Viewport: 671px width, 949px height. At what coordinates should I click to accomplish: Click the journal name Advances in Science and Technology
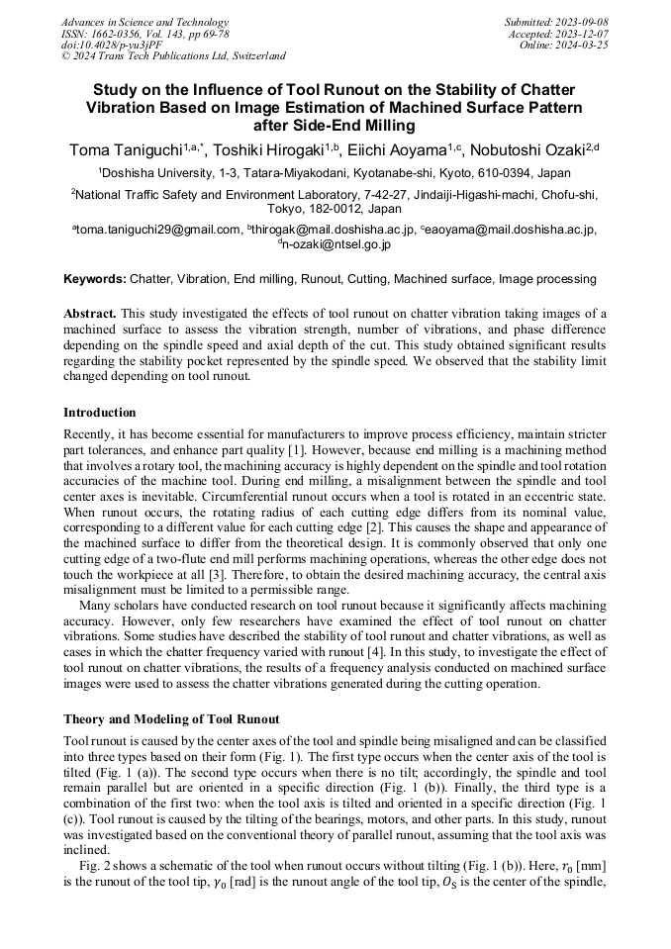point(144,22)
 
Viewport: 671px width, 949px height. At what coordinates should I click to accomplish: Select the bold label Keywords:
point(95,280)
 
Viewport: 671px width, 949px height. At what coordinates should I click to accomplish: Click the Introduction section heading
point(100,412)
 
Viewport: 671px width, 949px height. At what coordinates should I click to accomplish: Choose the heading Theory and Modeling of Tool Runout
point(171,718)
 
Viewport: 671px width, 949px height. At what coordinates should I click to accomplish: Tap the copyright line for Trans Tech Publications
point(173,56)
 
